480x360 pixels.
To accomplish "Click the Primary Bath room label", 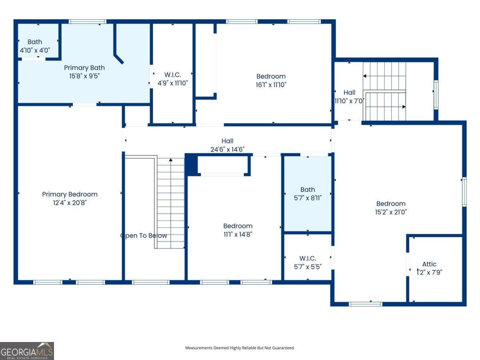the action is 84,68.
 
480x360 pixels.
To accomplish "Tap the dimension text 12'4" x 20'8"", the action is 70,203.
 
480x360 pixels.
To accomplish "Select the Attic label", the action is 429,264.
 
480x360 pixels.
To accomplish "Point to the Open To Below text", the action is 144,236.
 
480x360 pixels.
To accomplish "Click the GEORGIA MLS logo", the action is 27,351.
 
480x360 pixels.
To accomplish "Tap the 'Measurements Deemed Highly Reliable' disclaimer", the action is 240,348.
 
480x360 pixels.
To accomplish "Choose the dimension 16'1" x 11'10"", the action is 271,85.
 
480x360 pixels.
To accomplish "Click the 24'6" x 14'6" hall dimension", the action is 228,150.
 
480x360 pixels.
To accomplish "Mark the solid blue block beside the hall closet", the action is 191,164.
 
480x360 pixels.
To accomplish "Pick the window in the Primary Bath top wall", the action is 88,22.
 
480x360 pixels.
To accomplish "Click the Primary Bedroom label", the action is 70,194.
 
